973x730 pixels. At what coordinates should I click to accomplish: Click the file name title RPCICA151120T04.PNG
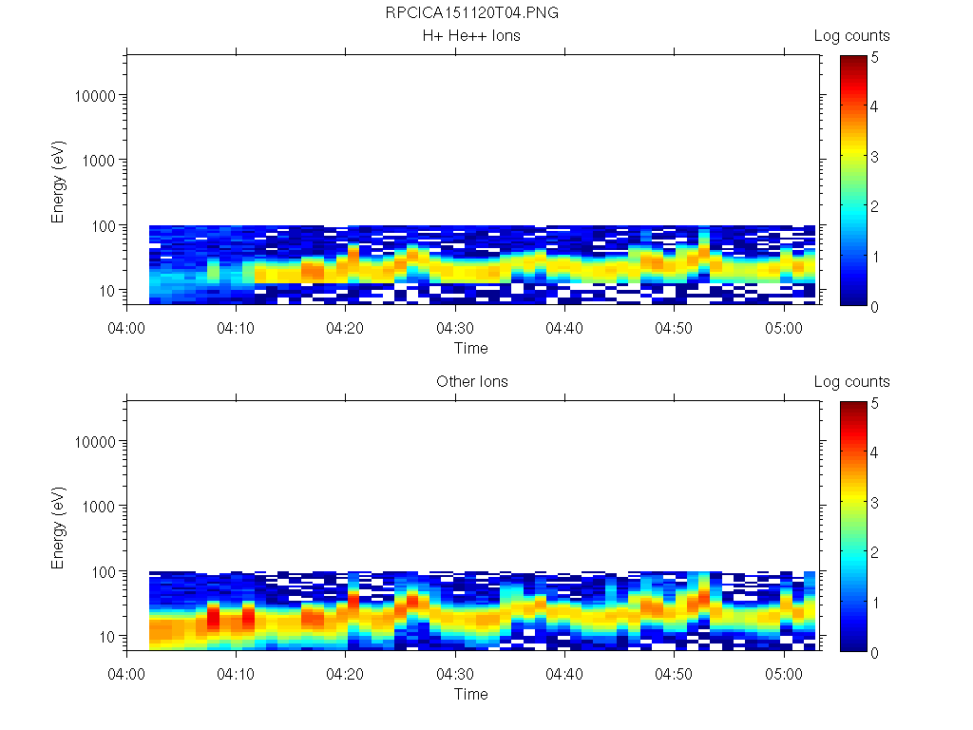(x=471, y=14)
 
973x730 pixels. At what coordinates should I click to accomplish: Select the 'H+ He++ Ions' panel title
(x=471, y=36)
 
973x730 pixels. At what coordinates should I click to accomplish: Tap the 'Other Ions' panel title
(x=471, y=382)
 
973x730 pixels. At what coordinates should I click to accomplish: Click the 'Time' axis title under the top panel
(x=470, y=348)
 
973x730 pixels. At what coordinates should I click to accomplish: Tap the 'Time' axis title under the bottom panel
(x=470, y=694)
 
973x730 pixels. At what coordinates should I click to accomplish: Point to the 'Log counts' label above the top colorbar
(x=851, y=36)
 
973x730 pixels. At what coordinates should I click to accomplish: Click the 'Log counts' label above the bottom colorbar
(x=851, y=382)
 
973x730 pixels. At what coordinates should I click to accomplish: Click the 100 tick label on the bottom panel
(x=105, y=571)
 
